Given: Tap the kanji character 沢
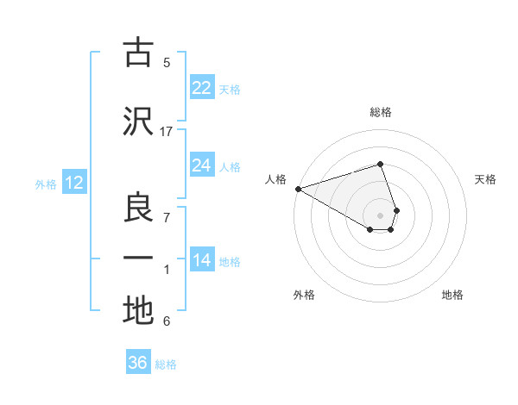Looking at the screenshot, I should [x=138, y=121].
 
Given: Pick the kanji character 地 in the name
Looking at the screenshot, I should [x=138, y=310].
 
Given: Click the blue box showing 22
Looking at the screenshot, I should [x=202, y=87].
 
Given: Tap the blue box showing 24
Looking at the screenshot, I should [x=202, y=165].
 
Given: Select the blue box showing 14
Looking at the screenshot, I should [x=202, y=260].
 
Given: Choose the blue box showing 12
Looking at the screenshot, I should [x=73, y=183].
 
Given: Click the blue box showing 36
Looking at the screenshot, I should [x=138, y=363].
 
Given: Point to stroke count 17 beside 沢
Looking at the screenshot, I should [x=167, y=132].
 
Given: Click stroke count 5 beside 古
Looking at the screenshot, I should [x=167, y=62].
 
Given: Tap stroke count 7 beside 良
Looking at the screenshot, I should [x=167, y=218].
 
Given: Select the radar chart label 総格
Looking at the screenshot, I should [x=381, y=112].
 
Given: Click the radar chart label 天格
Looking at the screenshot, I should [x=486, y=179].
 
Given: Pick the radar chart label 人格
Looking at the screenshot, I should [x=276, y=179].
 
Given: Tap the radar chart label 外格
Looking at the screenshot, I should [x=304, y=296].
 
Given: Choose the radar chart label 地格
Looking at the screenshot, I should [x=452, y=296].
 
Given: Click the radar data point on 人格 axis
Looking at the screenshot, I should [x=298, y=189].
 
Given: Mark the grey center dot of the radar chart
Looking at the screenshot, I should [x=381, y=214].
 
